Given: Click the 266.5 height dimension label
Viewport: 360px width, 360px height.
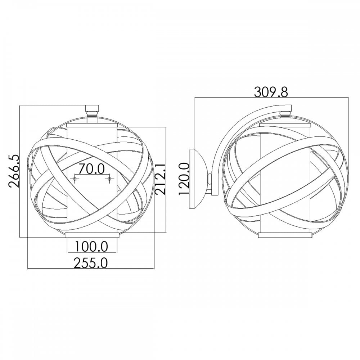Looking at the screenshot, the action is tap(14, 171).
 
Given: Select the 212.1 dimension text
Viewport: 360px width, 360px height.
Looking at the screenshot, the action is tap(160, 178).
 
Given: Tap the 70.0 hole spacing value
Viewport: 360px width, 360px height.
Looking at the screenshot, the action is tap(91, 169).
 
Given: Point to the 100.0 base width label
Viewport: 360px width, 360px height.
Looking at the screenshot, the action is tap(91, 247).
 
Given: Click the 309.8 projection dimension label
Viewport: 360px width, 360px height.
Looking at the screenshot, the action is tap(271, 92).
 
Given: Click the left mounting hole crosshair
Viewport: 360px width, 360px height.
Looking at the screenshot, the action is tap(75, 179).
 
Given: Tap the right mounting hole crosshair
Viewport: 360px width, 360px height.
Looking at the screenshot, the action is tap(109, 179).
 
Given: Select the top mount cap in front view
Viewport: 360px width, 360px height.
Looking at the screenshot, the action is tap(92, 108).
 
